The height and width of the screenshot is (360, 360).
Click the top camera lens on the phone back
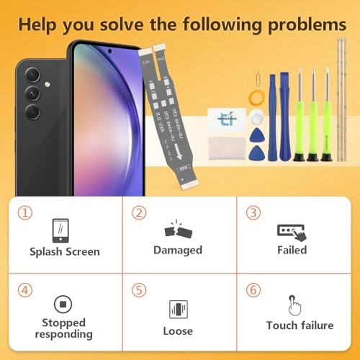tap(32, 76)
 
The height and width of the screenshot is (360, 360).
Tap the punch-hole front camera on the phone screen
tap(109, 53)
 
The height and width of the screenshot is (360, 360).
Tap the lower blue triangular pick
tap(256, 152)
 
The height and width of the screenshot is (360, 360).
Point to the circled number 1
tap(26, 213)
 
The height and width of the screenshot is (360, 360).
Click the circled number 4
tap(26, 290)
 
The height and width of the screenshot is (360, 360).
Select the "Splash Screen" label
tap(65, 252)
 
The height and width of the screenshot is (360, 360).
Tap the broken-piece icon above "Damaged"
tap(177, 230)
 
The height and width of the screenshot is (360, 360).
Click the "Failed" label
tap(292, 250)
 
